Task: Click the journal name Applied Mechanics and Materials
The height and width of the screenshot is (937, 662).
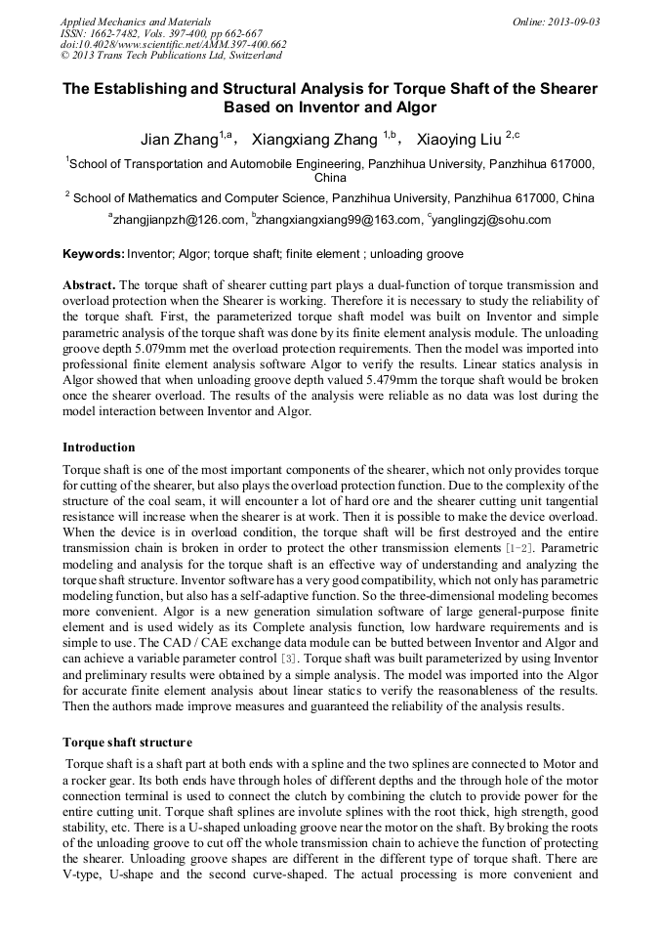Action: pyautogui.click(x=135, y=21)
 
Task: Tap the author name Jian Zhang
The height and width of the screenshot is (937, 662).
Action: pyautogui.click(x=180, y=139)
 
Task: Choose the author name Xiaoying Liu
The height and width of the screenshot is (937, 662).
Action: pyautogui.click(x=456, y=139)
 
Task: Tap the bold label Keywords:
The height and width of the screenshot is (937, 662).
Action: pyautogui.click(x=94, y=254)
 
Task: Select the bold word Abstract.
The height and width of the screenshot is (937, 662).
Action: pyautogui.click(x=89, y=285)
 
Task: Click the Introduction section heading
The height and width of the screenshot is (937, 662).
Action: pyautogui.click(x=99, y=447)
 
